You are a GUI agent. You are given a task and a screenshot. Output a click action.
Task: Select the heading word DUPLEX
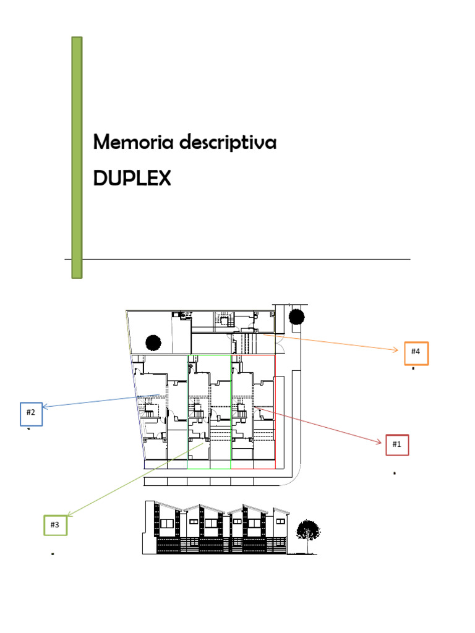click(132, 179)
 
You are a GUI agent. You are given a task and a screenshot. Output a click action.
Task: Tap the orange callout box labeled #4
click(416, 352)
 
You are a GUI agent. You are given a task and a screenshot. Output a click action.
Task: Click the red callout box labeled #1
click(397, 444)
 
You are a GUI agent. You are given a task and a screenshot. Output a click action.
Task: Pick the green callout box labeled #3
click(55, 524)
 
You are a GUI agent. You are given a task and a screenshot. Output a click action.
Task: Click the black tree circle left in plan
click(153, 342)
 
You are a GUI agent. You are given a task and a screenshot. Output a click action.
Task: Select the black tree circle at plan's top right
click(296, 317)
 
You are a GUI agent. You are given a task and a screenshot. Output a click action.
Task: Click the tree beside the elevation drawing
click(307, 531)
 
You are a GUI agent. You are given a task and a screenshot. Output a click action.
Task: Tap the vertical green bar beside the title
click(77, 157)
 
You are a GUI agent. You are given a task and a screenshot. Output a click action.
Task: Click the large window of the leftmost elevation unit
click(167, 524)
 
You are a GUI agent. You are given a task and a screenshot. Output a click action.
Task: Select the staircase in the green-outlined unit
click(198, 409)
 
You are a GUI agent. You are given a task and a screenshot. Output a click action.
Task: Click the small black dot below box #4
click(413, 368)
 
